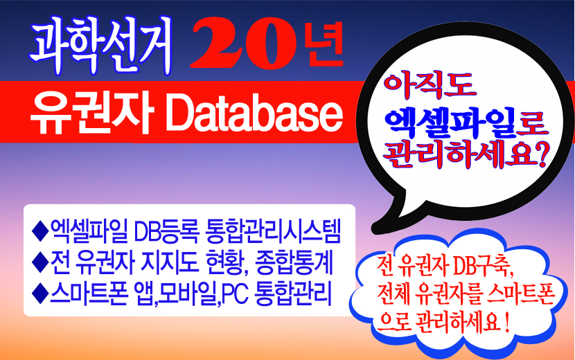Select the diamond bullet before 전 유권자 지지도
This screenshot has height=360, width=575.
[x=40, y=262]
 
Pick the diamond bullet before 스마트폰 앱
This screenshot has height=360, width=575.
[x=40, y=294]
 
